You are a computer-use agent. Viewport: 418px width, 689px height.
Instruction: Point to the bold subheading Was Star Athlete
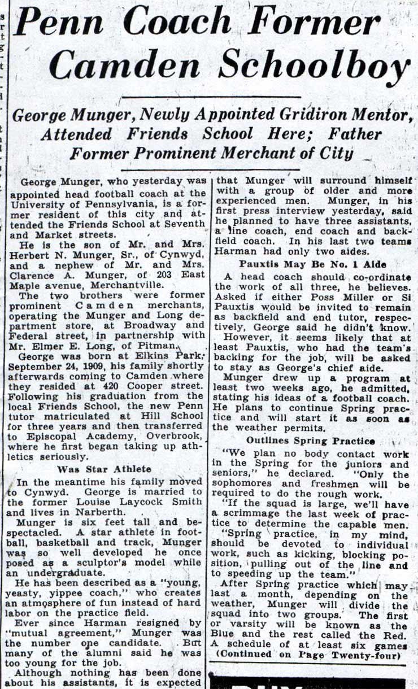104,469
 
